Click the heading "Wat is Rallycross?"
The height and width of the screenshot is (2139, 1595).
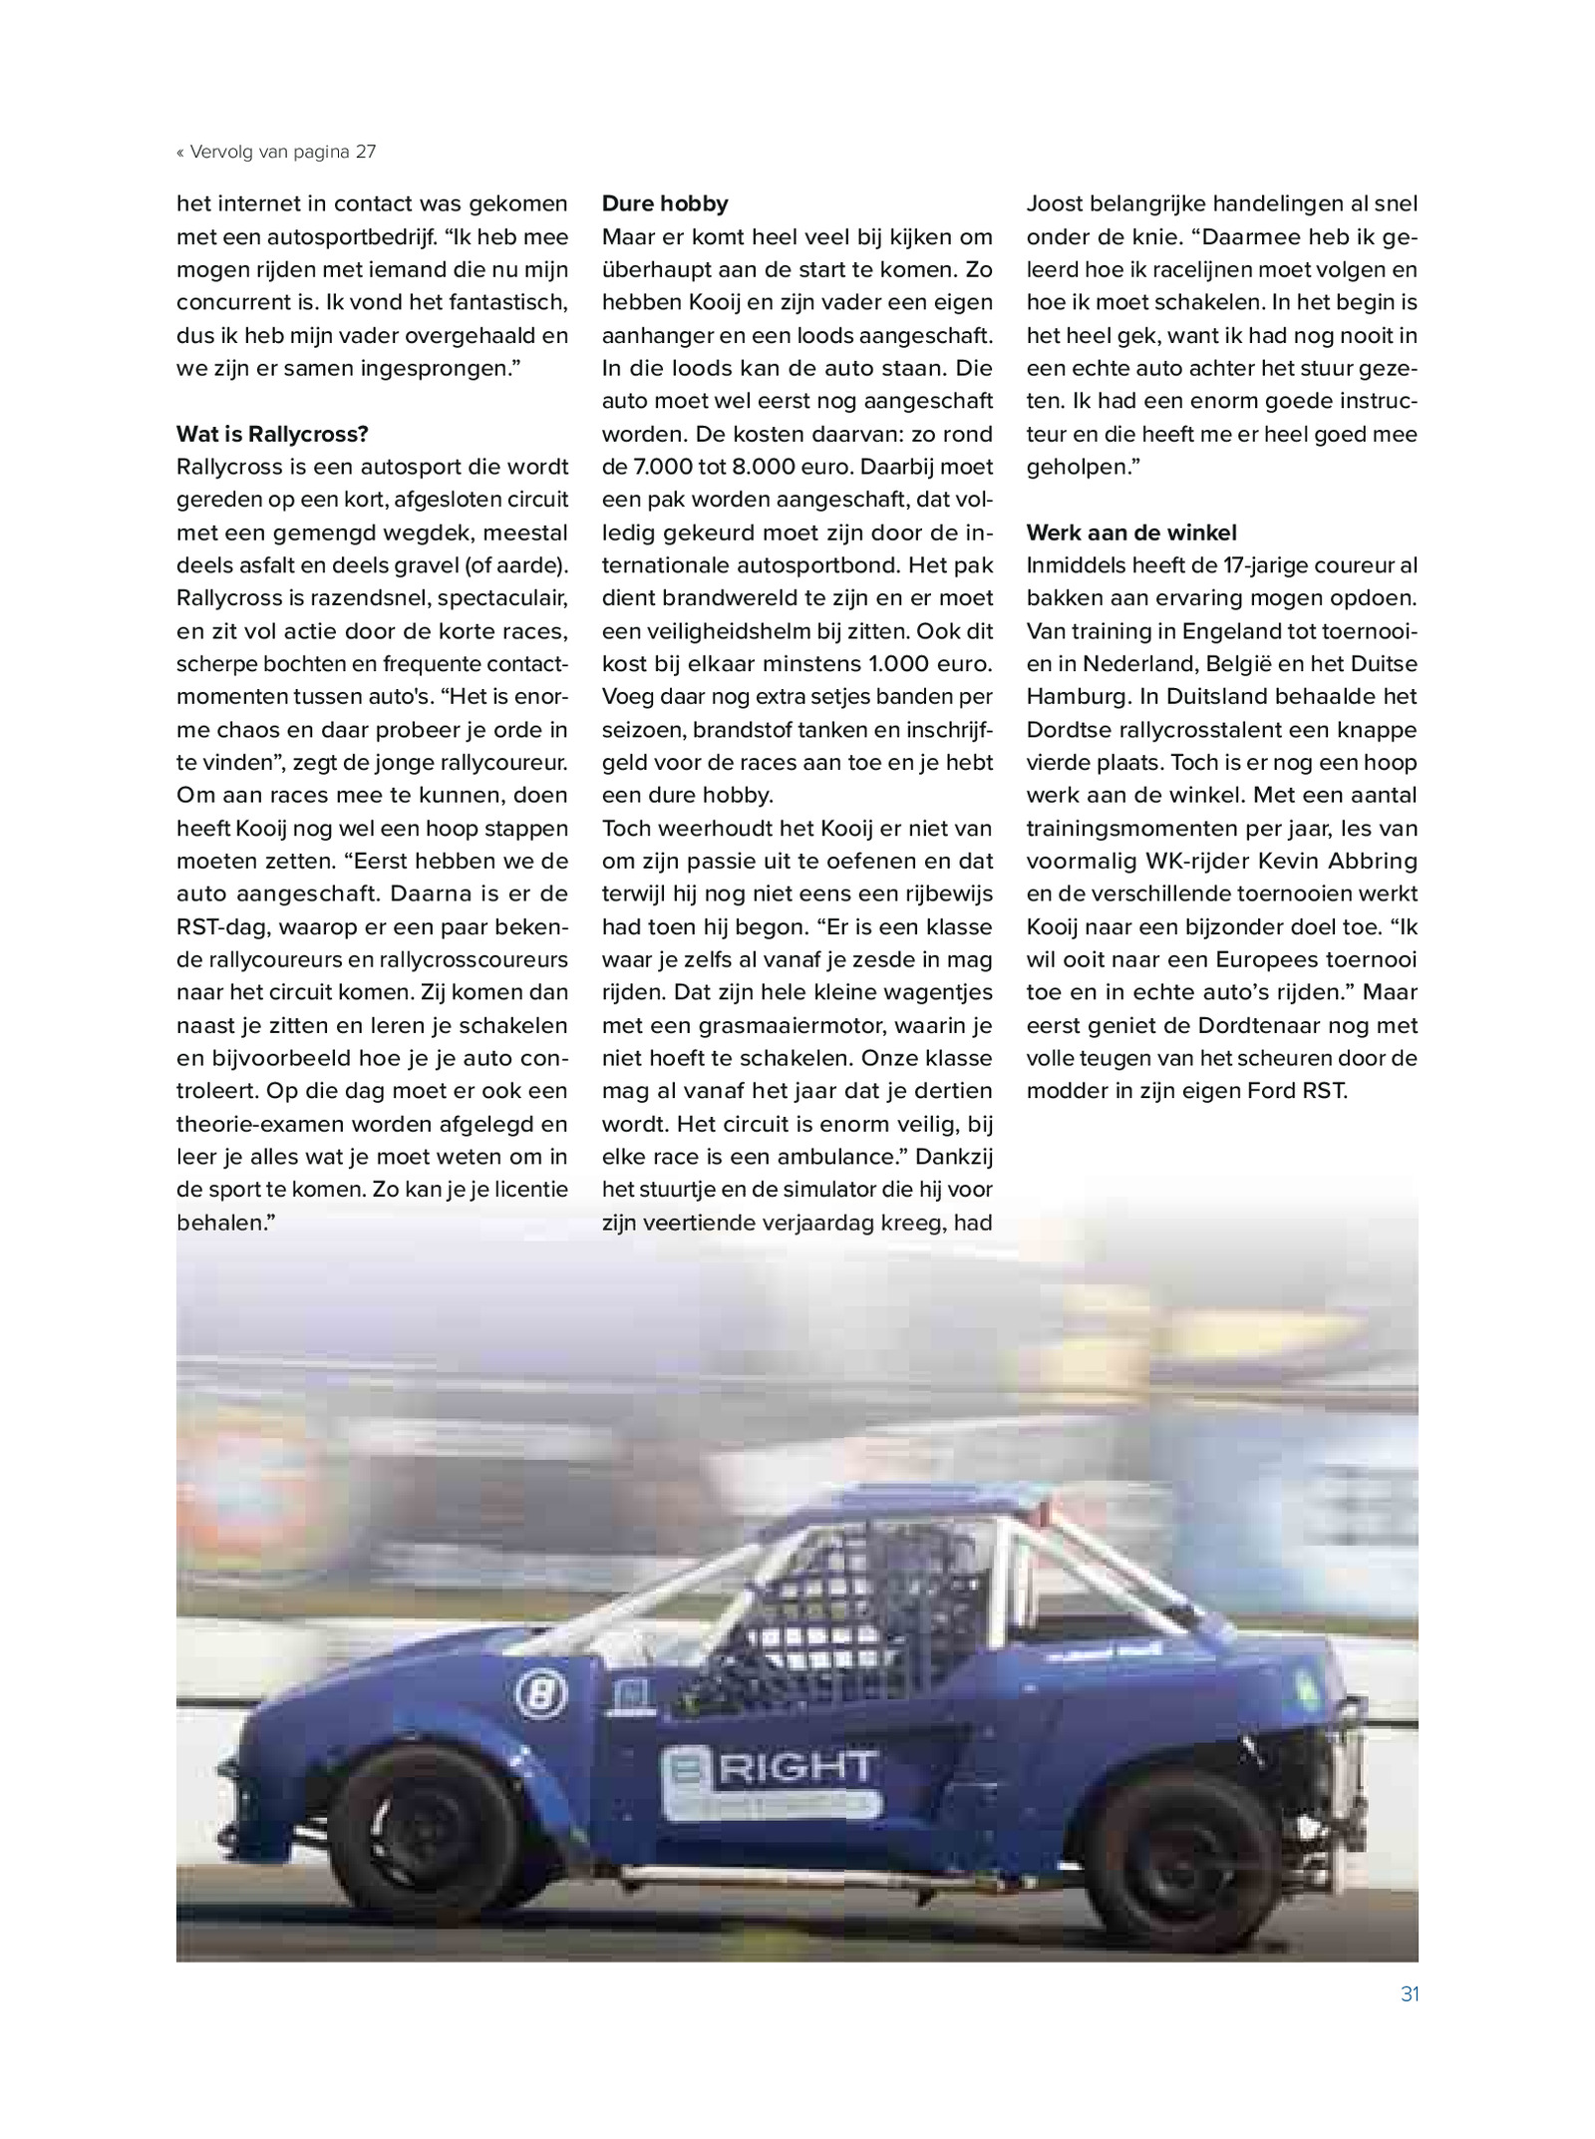pyautogui.click(x=272, y=434)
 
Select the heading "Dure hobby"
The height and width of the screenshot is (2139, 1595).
pyautogui.click(x=665, y=203)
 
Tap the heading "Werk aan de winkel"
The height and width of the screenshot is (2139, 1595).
pyautogui.click(x=1131, y=533)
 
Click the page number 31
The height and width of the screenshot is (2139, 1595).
pyautogui.click(x=1410, y=1994)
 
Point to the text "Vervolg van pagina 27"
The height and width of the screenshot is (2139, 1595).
pyautogui.click(x=281, y=152)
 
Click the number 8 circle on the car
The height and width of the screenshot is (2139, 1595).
pyautogui.click(x=540, y=1694)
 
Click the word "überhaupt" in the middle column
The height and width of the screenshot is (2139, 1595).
pyautogui.click(x=652, y=269)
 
